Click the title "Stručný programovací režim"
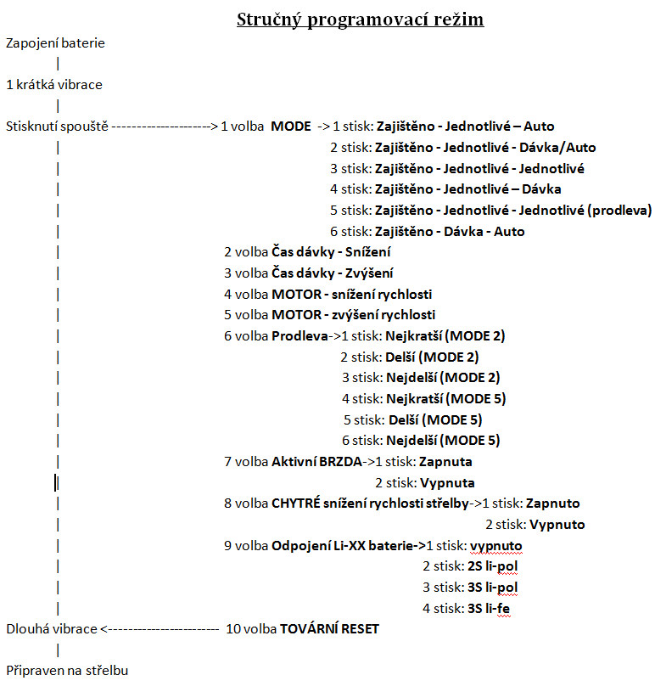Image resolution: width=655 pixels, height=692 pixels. point(360,19)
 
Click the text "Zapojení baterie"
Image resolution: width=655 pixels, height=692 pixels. point(55,42)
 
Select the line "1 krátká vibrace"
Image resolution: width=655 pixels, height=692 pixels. point(54,85)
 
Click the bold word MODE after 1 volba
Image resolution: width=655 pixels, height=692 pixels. point(291,127)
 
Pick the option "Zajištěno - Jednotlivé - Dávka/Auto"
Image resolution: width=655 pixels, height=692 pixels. point(485,147)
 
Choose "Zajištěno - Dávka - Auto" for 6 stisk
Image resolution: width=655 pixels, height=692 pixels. point(450,231)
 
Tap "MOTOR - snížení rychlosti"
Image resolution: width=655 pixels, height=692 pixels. point(352,294)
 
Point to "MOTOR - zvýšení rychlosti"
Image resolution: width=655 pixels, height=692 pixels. point(354,315)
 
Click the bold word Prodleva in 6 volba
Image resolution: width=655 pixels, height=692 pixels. point(300,336)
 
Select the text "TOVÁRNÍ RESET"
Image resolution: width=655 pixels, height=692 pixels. point(330,629)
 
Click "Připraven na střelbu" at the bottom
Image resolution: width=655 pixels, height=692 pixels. point(67,671)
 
